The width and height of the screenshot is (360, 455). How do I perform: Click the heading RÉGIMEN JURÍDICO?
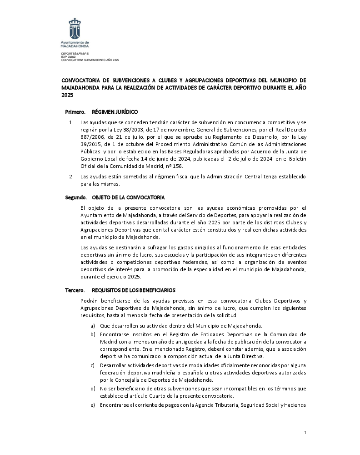click(x=115, y=111)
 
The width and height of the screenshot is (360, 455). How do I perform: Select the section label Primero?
click(x=75, y=111)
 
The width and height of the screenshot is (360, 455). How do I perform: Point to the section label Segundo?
click(x=75, y=197)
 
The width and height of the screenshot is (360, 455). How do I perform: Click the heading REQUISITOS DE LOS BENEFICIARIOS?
click(x=133, y=290)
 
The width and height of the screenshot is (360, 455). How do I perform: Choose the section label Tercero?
click(x=75, y=290)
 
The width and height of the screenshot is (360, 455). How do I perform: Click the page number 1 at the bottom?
click(x=305, y=432)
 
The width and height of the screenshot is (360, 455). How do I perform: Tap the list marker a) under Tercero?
click(x=93, y=325)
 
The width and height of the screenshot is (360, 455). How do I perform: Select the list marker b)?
click(x=93, y=334)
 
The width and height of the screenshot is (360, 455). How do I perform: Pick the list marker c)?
click(x=93, y=365)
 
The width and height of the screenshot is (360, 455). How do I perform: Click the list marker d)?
click(x=93, y=388)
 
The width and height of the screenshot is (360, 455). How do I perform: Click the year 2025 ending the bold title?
click(x=67, y=95)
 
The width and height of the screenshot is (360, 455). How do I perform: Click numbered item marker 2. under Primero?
click(x=71, y=176)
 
